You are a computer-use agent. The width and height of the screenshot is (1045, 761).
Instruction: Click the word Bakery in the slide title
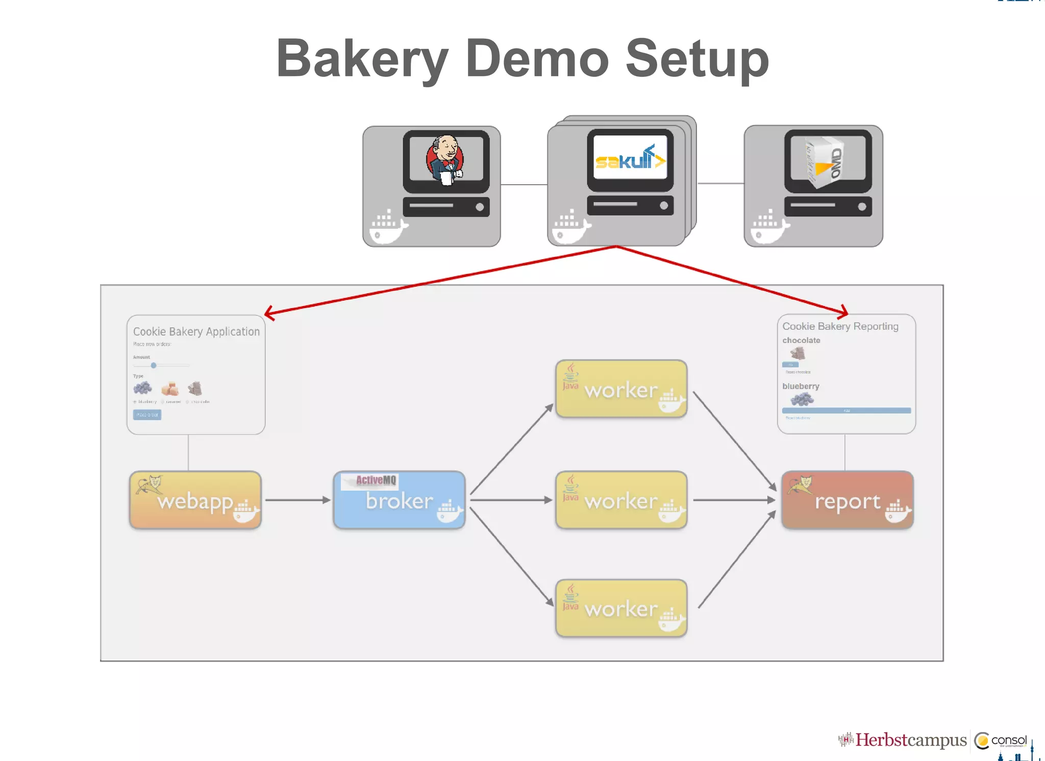362,60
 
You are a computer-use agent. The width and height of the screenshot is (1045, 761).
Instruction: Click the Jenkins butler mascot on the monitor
445,159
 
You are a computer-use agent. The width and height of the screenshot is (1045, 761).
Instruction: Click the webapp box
195,500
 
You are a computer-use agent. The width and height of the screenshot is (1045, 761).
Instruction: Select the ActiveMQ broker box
399,500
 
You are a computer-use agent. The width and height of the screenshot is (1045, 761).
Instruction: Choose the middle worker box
621,500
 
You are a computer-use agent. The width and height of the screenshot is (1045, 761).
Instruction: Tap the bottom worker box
621,608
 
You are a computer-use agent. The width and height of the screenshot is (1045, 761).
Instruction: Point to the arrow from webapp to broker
298,500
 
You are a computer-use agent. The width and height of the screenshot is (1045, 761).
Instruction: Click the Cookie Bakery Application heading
196,332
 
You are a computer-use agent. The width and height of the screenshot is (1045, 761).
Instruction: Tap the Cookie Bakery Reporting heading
840,326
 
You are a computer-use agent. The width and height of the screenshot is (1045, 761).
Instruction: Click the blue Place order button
147,415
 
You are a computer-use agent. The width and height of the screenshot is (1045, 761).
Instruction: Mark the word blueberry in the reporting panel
801,386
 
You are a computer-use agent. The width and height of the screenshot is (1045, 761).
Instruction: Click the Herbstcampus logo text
911,740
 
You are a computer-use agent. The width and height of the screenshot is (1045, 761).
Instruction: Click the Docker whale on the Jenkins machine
387,227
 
